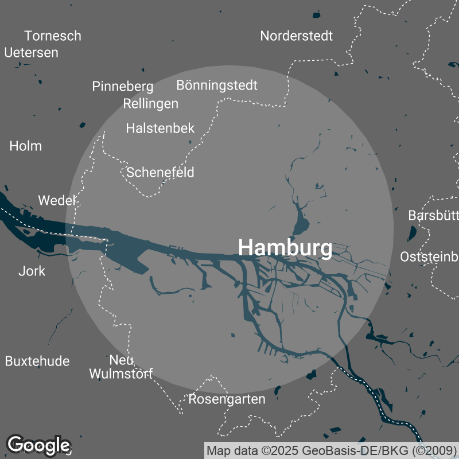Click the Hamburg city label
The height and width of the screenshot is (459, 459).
tap(285, 248)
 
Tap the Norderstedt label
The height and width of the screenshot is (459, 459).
tap(296, 36)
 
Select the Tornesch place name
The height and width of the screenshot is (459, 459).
tap(53, 36)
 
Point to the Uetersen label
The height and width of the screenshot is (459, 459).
tap(32, 52)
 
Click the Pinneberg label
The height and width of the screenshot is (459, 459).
tap(123, 87)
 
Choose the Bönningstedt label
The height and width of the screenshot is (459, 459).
tap(217, 85)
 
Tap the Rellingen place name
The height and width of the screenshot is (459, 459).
tap(150, 104)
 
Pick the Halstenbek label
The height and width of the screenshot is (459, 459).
tap(160, 128)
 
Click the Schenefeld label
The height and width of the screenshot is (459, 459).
tap(160, 172)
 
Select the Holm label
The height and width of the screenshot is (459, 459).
tap(26, 146)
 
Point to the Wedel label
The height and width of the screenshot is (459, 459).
tap(57, 200)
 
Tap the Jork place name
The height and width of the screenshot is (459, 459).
tap(32, 271)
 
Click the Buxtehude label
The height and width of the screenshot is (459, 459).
tap(37, 361)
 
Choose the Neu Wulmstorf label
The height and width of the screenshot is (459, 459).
tap(121, 367)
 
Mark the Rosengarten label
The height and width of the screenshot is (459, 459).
tap(227, 399)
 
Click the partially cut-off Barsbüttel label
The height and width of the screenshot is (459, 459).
tap(433, 216)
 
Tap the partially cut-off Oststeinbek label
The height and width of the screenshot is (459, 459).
tap(429, 256)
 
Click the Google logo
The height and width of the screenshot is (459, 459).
tap(38, 445)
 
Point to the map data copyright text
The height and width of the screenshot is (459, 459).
tap(331, 450)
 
